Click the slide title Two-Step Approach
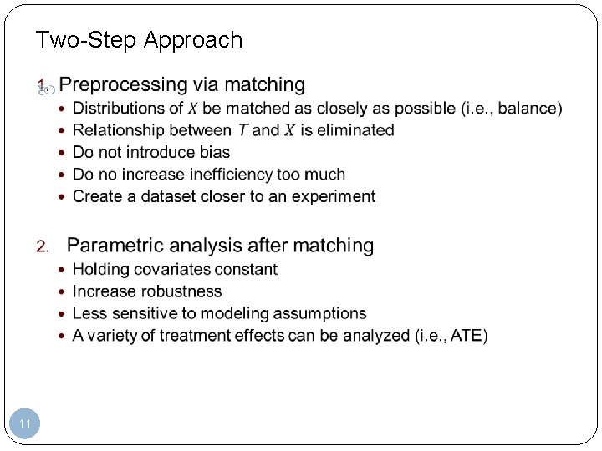point(139,40)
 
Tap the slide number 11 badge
point(25,424)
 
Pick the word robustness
point(181,291)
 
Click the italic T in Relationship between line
point(242,130)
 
